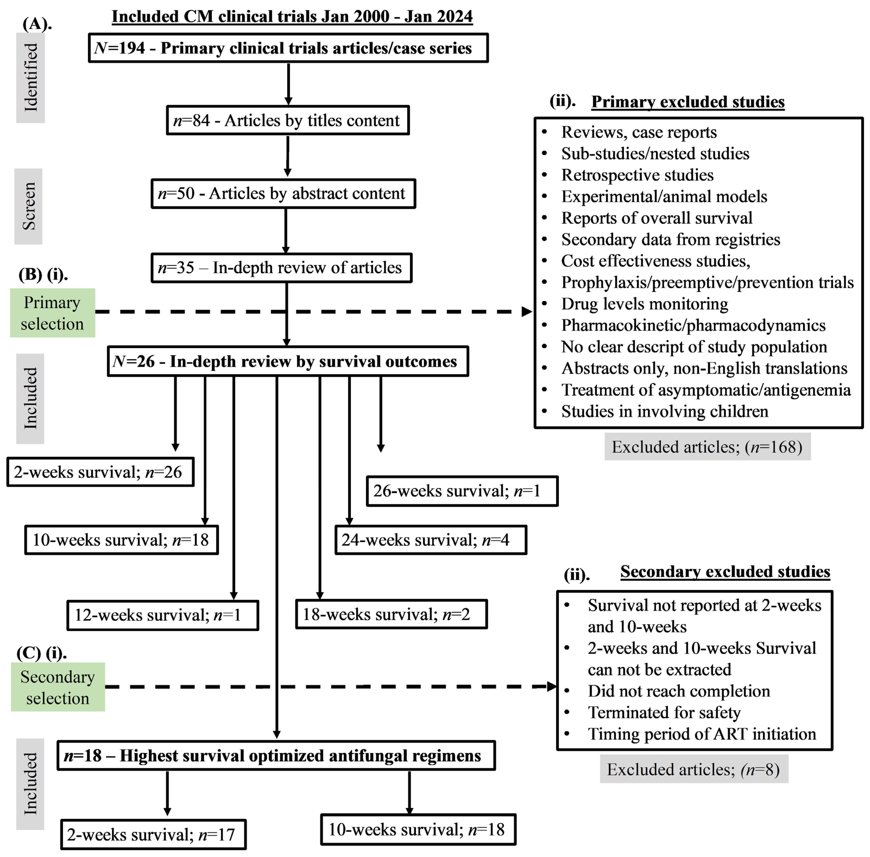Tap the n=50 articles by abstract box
pos(283,193)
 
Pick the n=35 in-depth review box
pos(281,268)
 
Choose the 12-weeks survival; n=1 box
pos(163,615)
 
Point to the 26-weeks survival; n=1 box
pos(462,491)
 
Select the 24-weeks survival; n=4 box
pos(430,540)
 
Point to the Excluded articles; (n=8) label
pos(694,770)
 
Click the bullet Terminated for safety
pos(664,712)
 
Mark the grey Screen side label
pos(28,206)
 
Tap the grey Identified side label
pos(31,77)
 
